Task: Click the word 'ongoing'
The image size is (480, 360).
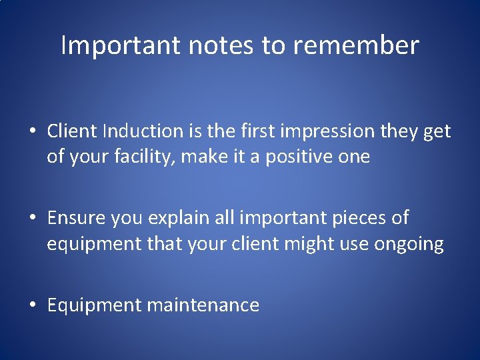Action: [409, 244]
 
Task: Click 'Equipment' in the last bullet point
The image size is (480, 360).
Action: [94, 305]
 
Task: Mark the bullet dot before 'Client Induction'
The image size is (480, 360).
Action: [33, 132]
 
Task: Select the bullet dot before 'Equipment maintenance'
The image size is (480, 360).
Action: [33, 305]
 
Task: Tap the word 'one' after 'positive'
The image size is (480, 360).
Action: [353, 157]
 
